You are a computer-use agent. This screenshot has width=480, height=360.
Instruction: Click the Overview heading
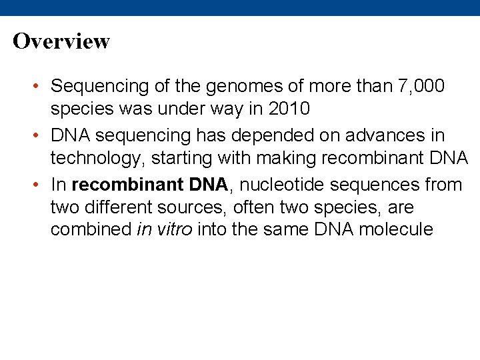click(x=61, y=41)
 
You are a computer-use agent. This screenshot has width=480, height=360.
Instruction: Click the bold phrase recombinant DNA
click(x=150, y=185)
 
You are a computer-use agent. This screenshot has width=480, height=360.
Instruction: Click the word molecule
click(x=396, y=230)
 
